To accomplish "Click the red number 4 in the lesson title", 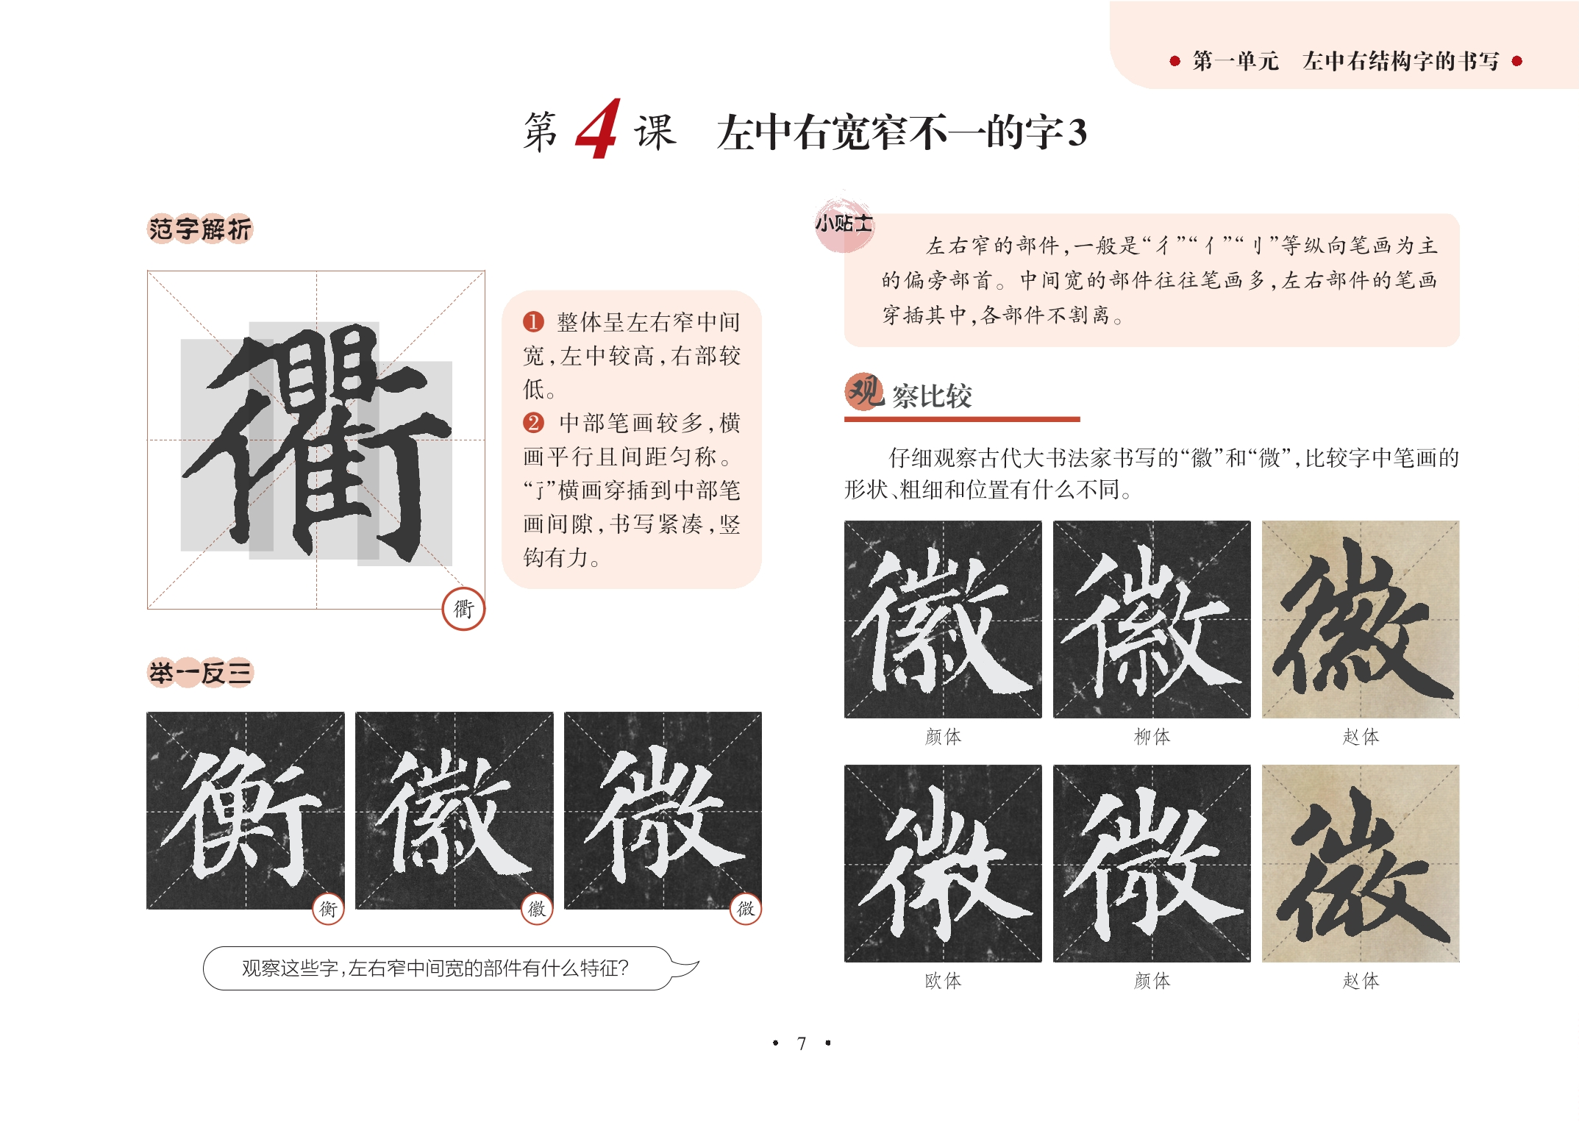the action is (598, 129).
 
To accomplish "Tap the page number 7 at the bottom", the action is (802, 1043).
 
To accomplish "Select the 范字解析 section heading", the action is (200, 229).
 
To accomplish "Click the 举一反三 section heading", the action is (200, 672).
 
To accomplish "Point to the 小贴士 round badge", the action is (844, 223).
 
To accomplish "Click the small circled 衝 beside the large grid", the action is (463, 609).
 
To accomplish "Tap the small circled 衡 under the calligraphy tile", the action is (328, 909).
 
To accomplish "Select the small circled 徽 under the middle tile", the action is (537, 909).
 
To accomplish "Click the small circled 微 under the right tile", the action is (746, 909).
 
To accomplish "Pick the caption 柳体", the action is (1152, 736).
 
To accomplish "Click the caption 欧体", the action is (943, 980).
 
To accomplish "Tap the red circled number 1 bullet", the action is (533, 321).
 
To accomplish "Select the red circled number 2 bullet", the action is (533, 422).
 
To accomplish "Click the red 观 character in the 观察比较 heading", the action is (864, 392).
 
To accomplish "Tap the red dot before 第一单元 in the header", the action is (1175, 61).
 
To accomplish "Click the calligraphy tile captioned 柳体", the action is (1152, 619).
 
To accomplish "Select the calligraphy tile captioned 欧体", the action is (943, 863).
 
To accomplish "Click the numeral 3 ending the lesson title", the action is (1077, 133).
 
